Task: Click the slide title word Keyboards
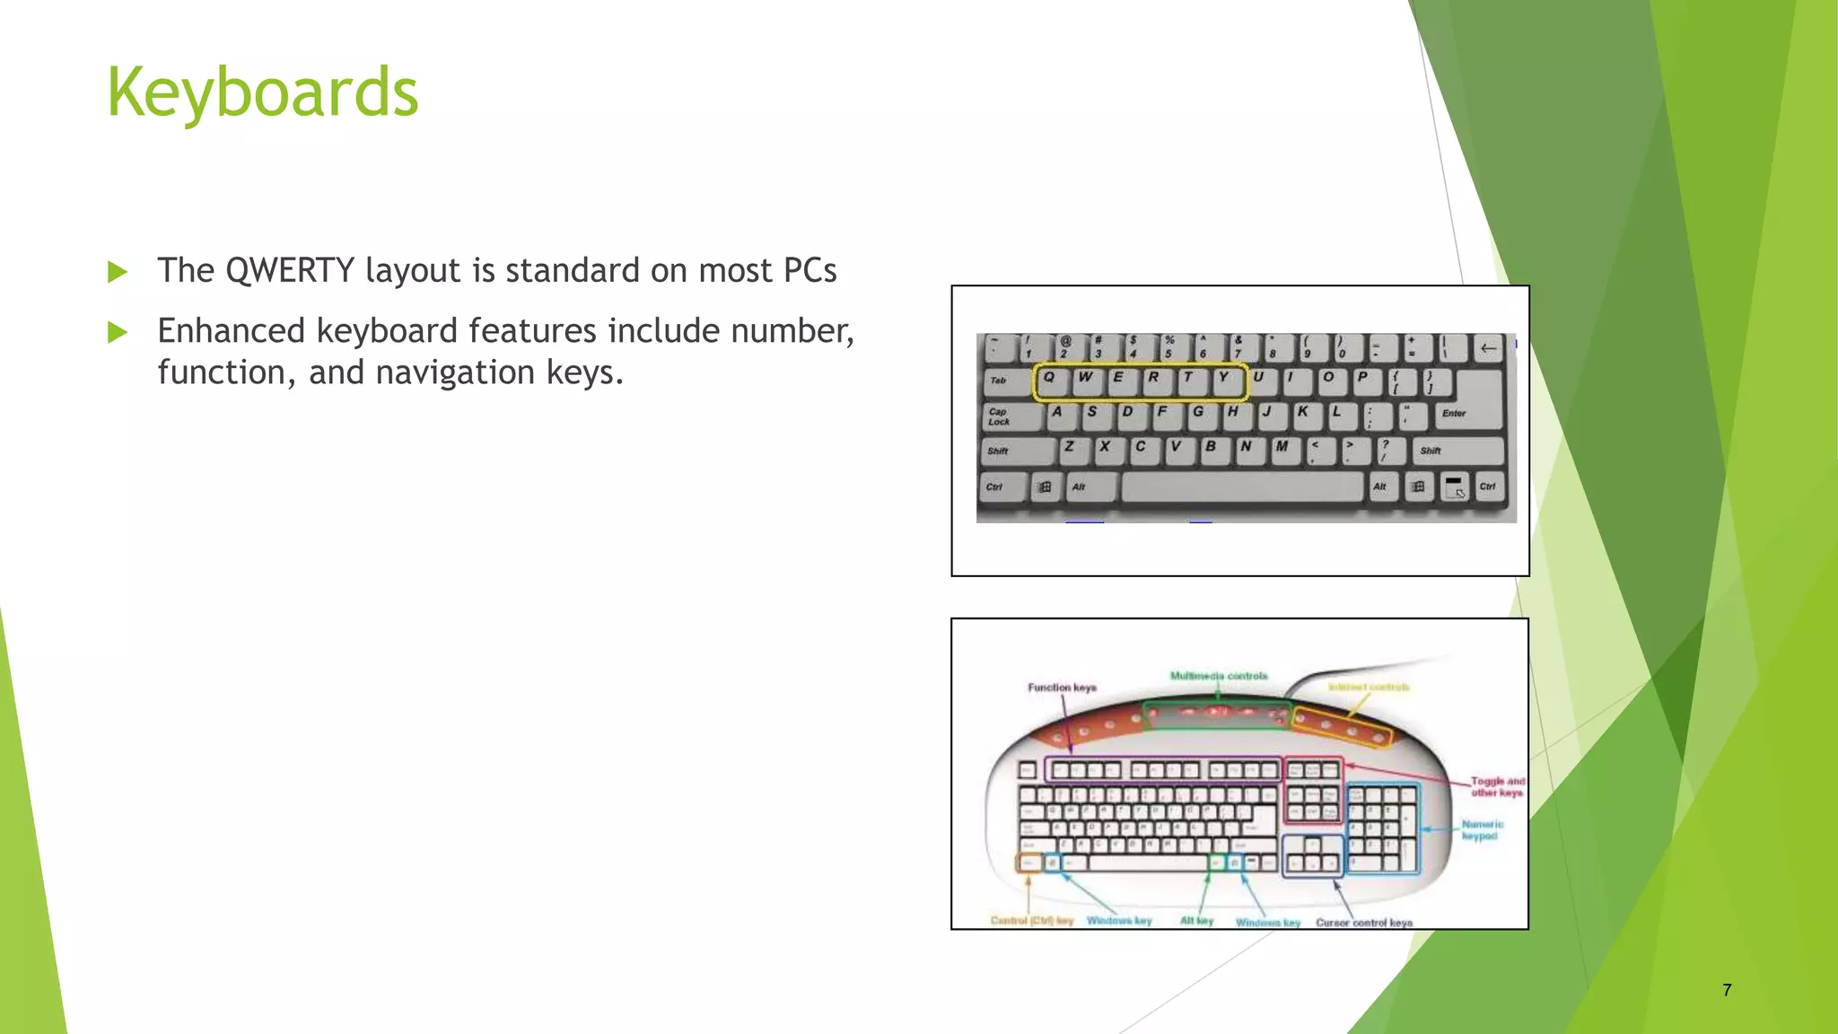pyautogui.click(x=262, y=92)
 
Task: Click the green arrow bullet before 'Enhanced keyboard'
pyautogui.click(x=118, y=333)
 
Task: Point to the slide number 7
pyautogui.click(x=1727, y=990)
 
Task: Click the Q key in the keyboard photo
pyautogui.click(x=1049, y=380)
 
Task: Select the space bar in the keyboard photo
pyautogui.click(x=1242, y=487)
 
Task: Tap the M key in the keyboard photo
pyautogui.click(x=1282, y=448)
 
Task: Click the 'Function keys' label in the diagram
pyautogui.click(x=1062, y=688)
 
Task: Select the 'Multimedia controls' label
pyautogui.click(x=1219, y=676)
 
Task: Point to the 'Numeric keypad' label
pyautogui.click(x=1482, y=830)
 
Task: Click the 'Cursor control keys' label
pyautogui.click(x=1364, y=923)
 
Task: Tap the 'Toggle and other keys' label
pyautogui.click(x=1497, y=787)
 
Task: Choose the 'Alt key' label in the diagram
pyautogui.click(x=1196, y=921)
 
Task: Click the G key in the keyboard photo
pyautogui.click(x=1197, y=414)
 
